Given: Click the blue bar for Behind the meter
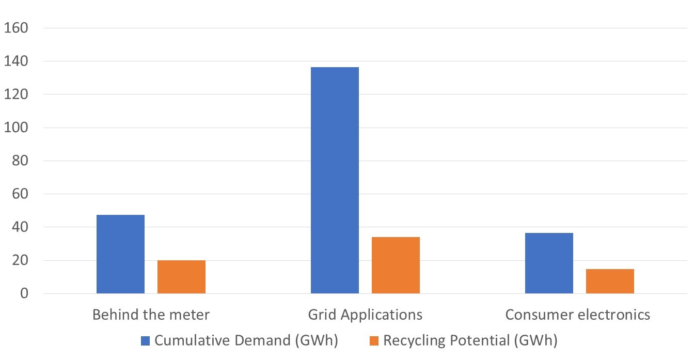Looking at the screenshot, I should (120, 254).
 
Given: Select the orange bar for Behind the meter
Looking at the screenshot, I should (181, 277).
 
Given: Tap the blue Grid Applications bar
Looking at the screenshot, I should (335, 180).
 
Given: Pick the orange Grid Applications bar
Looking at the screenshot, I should (396, 265).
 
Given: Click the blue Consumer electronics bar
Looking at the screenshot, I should (549, 263).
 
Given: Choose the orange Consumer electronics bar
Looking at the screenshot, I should (610, 281).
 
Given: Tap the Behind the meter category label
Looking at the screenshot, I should (151, 315).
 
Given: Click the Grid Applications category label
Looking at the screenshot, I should (365, 315).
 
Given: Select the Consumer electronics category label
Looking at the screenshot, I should (577, 315).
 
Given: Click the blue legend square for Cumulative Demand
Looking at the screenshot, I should (145, 341).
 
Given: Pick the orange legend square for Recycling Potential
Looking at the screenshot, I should (374, 341).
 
